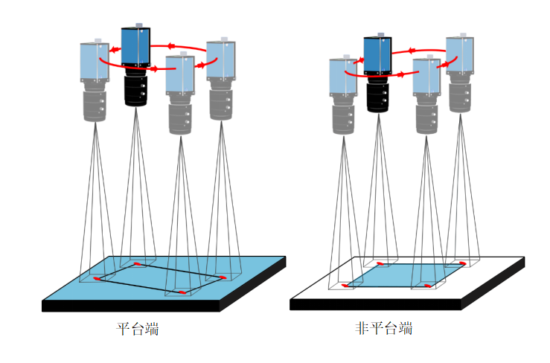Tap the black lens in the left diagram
(x=136, y=89)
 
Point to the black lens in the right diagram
(x=378, y=95)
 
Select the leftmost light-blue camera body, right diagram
(x=344, y=75)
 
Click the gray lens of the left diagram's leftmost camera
(x=95, y=102)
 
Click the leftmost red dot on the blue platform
(x=96, y=279)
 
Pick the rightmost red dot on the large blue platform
(x=223, y=277)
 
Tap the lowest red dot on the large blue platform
(x=182, y=292)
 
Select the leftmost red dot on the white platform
(x=344, y=285)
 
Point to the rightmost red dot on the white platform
(x=462, y=263)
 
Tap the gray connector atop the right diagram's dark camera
(x=380, y=35)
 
